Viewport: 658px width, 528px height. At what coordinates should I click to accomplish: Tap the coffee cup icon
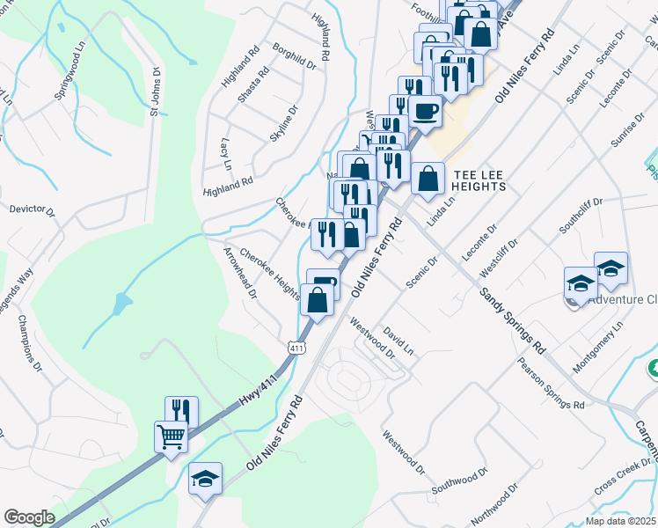tap(426, 112)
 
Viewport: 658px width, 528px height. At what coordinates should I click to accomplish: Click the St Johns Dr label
tap(155, 92)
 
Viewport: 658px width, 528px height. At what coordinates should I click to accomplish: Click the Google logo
tap(29, 517)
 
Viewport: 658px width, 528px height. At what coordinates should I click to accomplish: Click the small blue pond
tap(121, 305)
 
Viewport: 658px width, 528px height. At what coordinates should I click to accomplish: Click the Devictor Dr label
tap(32, 211)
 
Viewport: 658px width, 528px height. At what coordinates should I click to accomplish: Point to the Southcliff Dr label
tap(580, 216)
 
